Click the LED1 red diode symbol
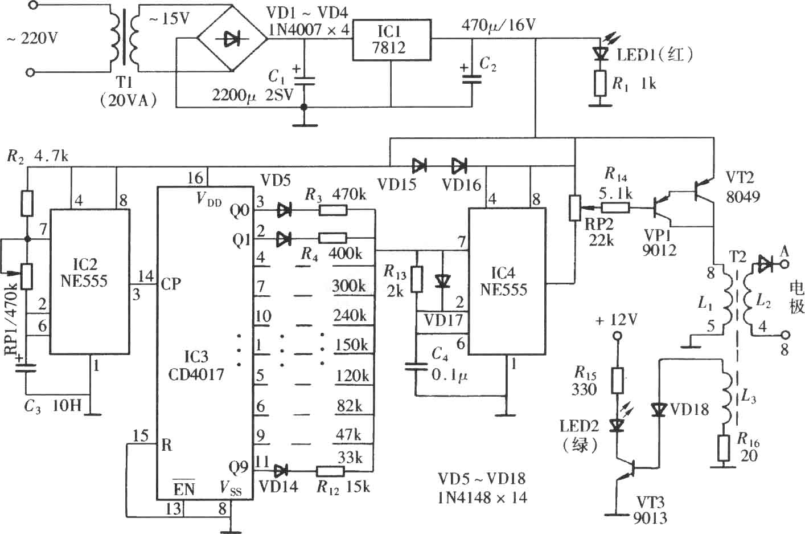click(601, 54)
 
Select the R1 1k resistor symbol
click(600, 83)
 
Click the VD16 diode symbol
click(459, 166)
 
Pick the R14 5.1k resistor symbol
click(615, 207)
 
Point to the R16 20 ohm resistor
click(724, 448)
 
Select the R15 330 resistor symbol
click(617, 380)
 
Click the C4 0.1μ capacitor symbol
click(416, 366)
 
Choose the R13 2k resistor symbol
click(416, 279)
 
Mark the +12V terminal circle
click(617, 336)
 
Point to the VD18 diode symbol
click(659, 410)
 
